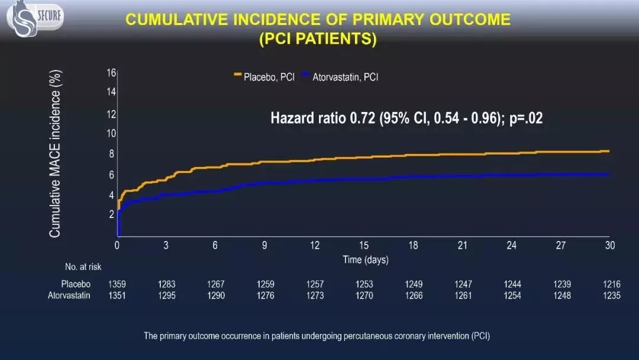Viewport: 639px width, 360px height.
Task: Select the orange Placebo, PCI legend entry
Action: point(264,77)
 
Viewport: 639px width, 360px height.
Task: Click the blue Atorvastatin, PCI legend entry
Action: point(340,77)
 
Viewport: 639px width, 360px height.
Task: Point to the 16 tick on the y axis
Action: point(111,73)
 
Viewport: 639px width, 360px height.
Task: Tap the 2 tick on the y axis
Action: point(111,214)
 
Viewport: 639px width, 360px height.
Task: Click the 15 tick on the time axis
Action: point(364,246)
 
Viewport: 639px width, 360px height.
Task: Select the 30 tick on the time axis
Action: point(609,246)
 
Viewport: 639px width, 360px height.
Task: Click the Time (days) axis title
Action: point(366,260)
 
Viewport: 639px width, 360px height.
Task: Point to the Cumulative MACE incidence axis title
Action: point(55,154)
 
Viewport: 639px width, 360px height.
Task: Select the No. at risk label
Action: point(84,267)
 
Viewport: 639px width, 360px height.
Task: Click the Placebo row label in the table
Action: point(76,284)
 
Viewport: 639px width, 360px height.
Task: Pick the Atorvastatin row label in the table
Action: point(69,295)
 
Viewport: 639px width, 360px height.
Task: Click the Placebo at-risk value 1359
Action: point(117,284)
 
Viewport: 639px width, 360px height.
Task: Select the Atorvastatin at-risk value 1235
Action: point(612,295)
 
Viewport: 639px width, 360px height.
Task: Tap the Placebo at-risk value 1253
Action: point(364,284)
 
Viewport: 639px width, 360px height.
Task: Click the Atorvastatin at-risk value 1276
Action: point(266,295)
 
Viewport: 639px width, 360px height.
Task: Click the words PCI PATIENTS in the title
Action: point(318,38)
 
